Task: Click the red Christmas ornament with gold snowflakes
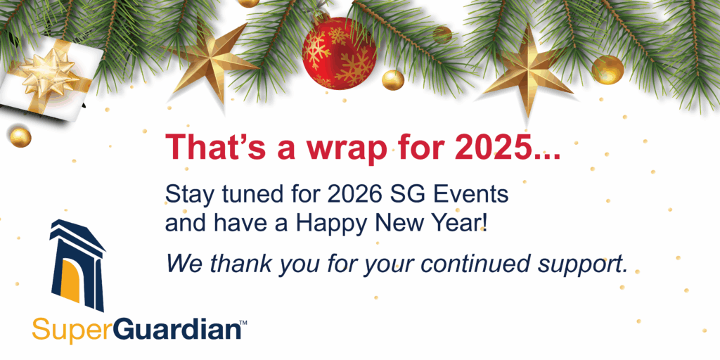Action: pyautogui.click(x=339, y=53)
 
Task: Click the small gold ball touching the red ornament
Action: pyautogui.click(x=393, y=80)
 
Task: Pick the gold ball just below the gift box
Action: pyautogui.click(x=20, y=137)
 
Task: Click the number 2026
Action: pyautogui.click(x=354, y=194)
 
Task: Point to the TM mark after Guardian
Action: pyautogui.click(x=244, y=323)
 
